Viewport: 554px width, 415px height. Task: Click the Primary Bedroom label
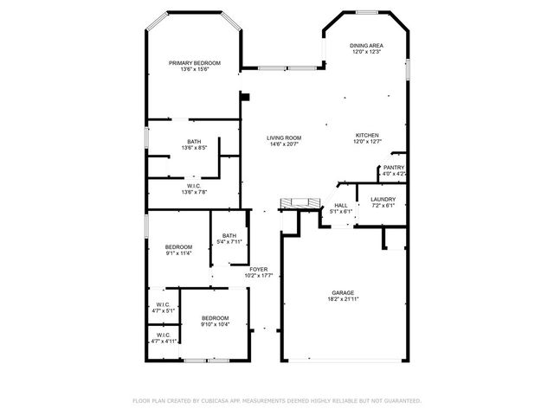194,63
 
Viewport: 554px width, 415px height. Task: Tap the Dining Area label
366,46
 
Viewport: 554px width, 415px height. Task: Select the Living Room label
283,138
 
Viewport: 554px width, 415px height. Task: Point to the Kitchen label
367,136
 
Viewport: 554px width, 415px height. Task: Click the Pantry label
394,168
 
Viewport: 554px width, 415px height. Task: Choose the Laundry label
383,200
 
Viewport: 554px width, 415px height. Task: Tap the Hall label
340,205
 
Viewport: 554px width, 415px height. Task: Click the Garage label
343,293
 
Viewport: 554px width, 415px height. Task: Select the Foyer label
258,270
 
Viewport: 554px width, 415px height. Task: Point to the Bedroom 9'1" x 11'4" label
178,246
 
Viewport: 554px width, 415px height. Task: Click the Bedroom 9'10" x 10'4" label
215,317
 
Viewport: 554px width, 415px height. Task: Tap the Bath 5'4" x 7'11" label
229,236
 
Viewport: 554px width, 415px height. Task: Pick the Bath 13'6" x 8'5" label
194,142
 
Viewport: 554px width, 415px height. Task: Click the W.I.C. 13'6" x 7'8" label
194,186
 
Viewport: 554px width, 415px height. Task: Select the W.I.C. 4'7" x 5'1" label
163,304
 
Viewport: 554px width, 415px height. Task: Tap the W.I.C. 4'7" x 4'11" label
163,335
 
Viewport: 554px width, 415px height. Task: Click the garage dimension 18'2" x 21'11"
343,299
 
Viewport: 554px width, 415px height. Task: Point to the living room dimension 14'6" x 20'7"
283,144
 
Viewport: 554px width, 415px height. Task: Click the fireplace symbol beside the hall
300,203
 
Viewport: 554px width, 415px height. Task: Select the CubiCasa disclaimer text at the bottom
276,401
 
